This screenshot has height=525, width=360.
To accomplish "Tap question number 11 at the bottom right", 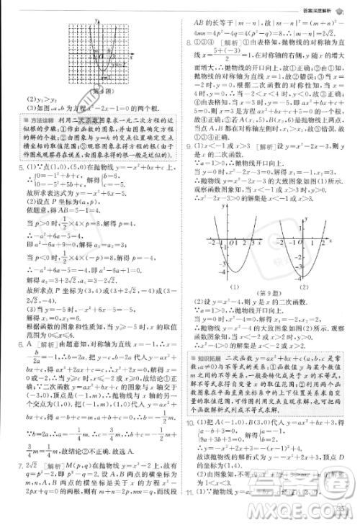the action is tap(191, 511).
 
